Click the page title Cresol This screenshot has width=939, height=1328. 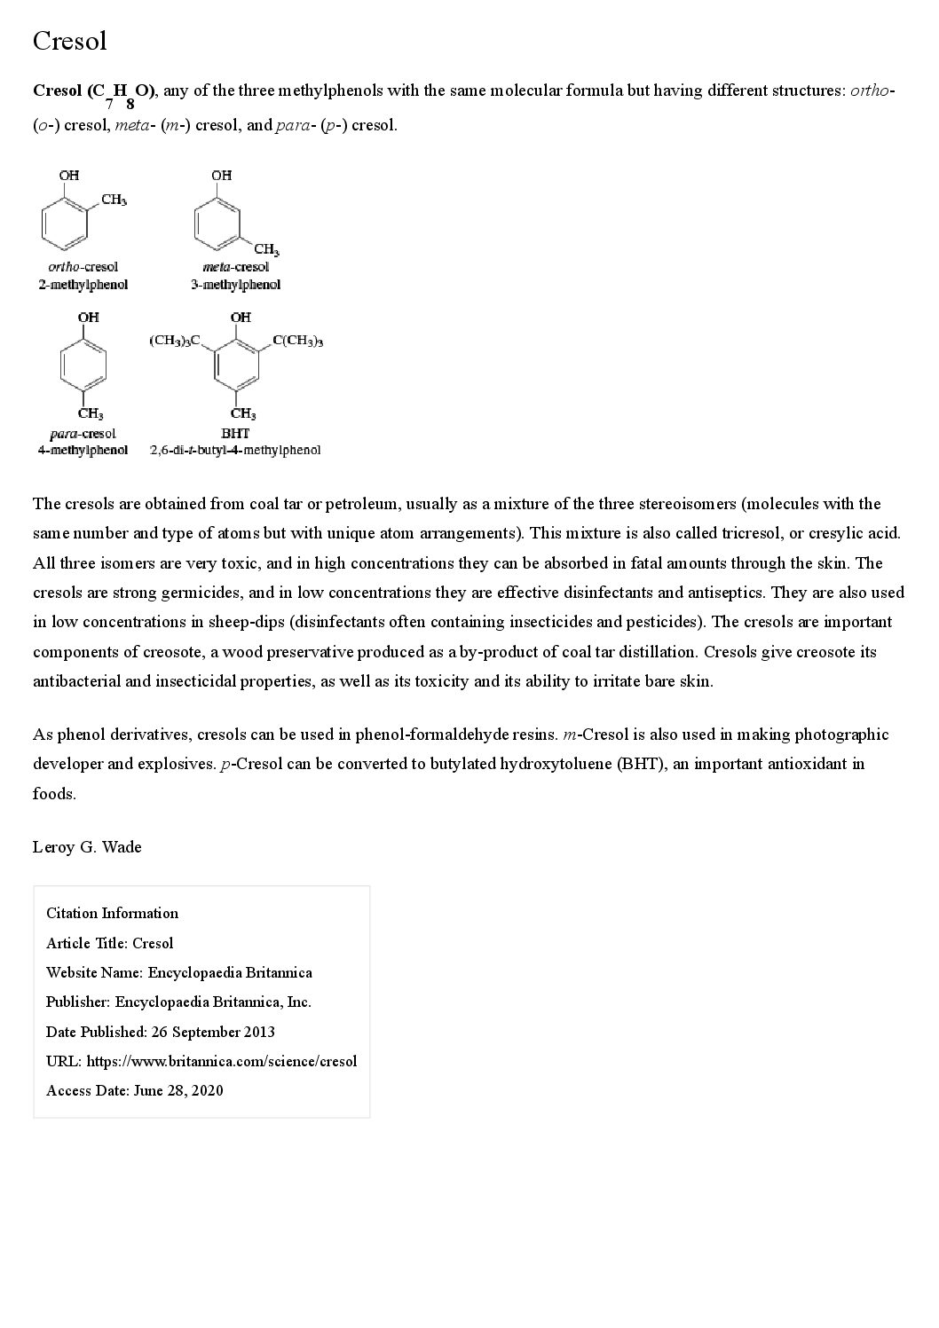tap(69, 41)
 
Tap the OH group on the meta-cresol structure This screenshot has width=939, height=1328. tap(221, 176)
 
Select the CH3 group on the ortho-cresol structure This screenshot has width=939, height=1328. tap(114, 200)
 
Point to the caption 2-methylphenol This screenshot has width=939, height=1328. tap(83, 285)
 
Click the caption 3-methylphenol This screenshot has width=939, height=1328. tap(235, 285)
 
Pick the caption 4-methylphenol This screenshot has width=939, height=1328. tap(83, 450)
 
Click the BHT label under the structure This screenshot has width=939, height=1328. tap(235, 434)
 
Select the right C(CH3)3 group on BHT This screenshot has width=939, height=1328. tap(298, 341)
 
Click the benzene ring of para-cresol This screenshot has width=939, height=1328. tap(83, 365)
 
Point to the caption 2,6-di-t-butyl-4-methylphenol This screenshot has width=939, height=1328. tap(235, 450)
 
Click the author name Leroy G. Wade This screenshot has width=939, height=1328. tap(87, 847)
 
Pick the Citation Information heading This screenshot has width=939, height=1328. tap(112, 913)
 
